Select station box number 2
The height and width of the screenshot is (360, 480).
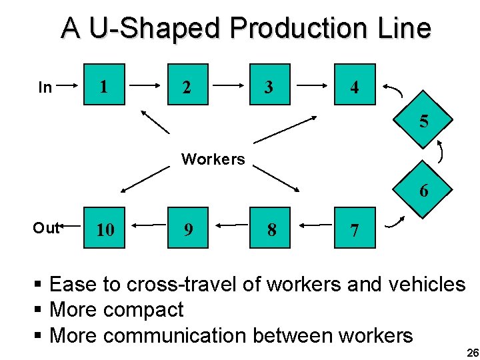tap(188, 85)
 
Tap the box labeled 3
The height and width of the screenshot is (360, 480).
tap(270, 85)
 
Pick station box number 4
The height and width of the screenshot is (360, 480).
tap(354, 85)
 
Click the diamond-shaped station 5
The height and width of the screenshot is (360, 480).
tap(423, 121)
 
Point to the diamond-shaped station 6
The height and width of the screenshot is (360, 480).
tap(423, 190)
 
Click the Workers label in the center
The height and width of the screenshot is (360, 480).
tap(213, 159)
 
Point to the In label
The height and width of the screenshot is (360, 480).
tap(45, 87)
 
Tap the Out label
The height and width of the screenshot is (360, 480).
tap(46, 228)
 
